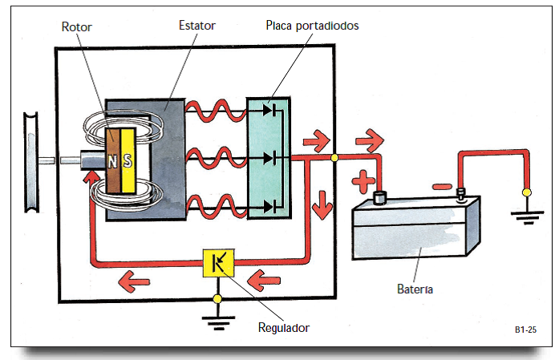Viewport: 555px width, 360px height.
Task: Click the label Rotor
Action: [77, 26]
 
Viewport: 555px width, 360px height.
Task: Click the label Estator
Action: [196, 26]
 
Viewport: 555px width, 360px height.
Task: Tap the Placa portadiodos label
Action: [312, 26]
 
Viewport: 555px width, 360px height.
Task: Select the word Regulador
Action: [283, 327]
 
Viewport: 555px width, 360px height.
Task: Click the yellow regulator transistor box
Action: [217, 262]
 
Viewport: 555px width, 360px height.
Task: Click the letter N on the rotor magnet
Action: [113, 160]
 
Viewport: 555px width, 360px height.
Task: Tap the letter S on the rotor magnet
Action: [127, 160]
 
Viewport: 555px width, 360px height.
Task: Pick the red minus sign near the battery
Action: [441, 187]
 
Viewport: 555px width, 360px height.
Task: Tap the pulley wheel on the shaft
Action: [30, 161]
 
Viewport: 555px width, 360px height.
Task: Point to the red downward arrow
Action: [322, 206]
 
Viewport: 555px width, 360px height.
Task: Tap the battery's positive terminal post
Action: [381, 197]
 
